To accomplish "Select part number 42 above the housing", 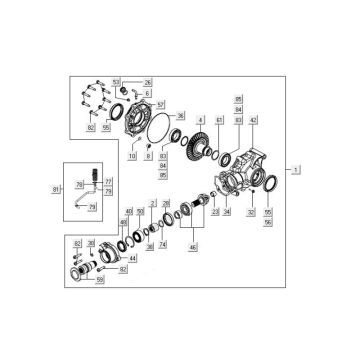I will [253, 119].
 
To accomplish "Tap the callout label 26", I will [148, 81].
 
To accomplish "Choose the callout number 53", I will [116, 81].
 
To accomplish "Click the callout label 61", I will [218, 119].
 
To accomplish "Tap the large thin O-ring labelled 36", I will [155, 131].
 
